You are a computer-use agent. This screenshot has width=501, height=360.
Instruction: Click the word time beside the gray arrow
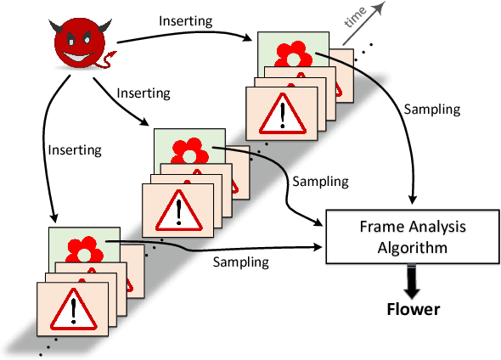(354, 22)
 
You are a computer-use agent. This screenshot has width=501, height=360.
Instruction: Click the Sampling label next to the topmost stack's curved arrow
(433, 110)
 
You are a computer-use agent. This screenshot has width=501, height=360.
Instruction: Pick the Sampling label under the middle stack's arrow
(319, 181)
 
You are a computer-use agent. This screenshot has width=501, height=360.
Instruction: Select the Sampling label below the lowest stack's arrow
(242, 261)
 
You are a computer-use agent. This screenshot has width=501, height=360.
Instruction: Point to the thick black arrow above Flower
(413, 279)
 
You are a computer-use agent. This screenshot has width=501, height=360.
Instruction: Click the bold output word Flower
(413, 308)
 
